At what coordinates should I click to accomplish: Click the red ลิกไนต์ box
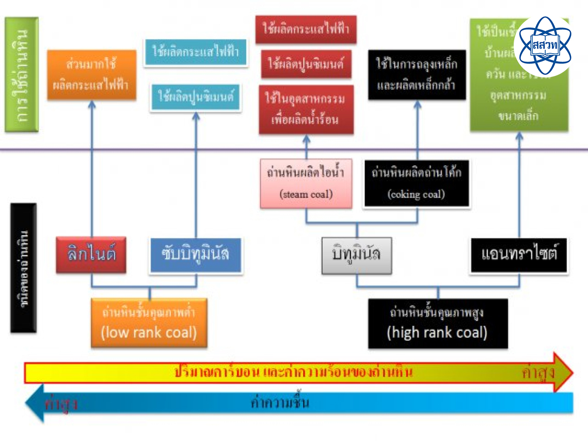tap(91, 254)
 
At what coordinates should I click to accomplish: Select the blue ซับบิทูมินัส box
tap(196, 254)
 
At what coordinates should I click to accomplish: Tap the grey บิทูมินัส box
tap(356, 254)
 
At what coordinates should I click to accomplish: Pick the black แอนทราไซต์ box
tap(519, 255)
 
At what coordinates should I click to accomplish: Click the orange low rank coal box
tap(149, 323)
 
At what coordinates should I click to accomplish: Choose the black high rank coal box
tap(437, 323)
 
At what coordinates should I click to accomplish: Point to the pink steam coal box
tap(306, 184)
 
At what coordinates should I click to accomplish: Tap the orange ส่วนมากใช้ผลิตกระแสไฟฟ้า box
tap(92, 74)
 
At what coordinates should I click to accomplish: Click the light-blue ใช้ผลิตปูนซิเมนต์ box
tap(195, 96)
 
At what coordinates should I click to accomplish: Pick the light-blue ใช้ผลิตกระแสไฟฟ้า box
tap(195, 52)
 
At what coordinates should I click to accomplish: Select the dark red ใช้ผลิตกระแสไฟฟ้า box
tap(306, 29)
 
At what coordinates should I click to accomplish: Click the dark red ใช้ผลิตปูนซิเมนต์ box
tap(306, 65)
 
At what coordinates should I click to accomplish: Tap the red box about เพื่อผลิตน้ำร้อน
tap(306, 109)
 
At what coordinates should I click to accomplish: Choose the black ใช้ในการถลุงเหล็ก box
tap(417, 74)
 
